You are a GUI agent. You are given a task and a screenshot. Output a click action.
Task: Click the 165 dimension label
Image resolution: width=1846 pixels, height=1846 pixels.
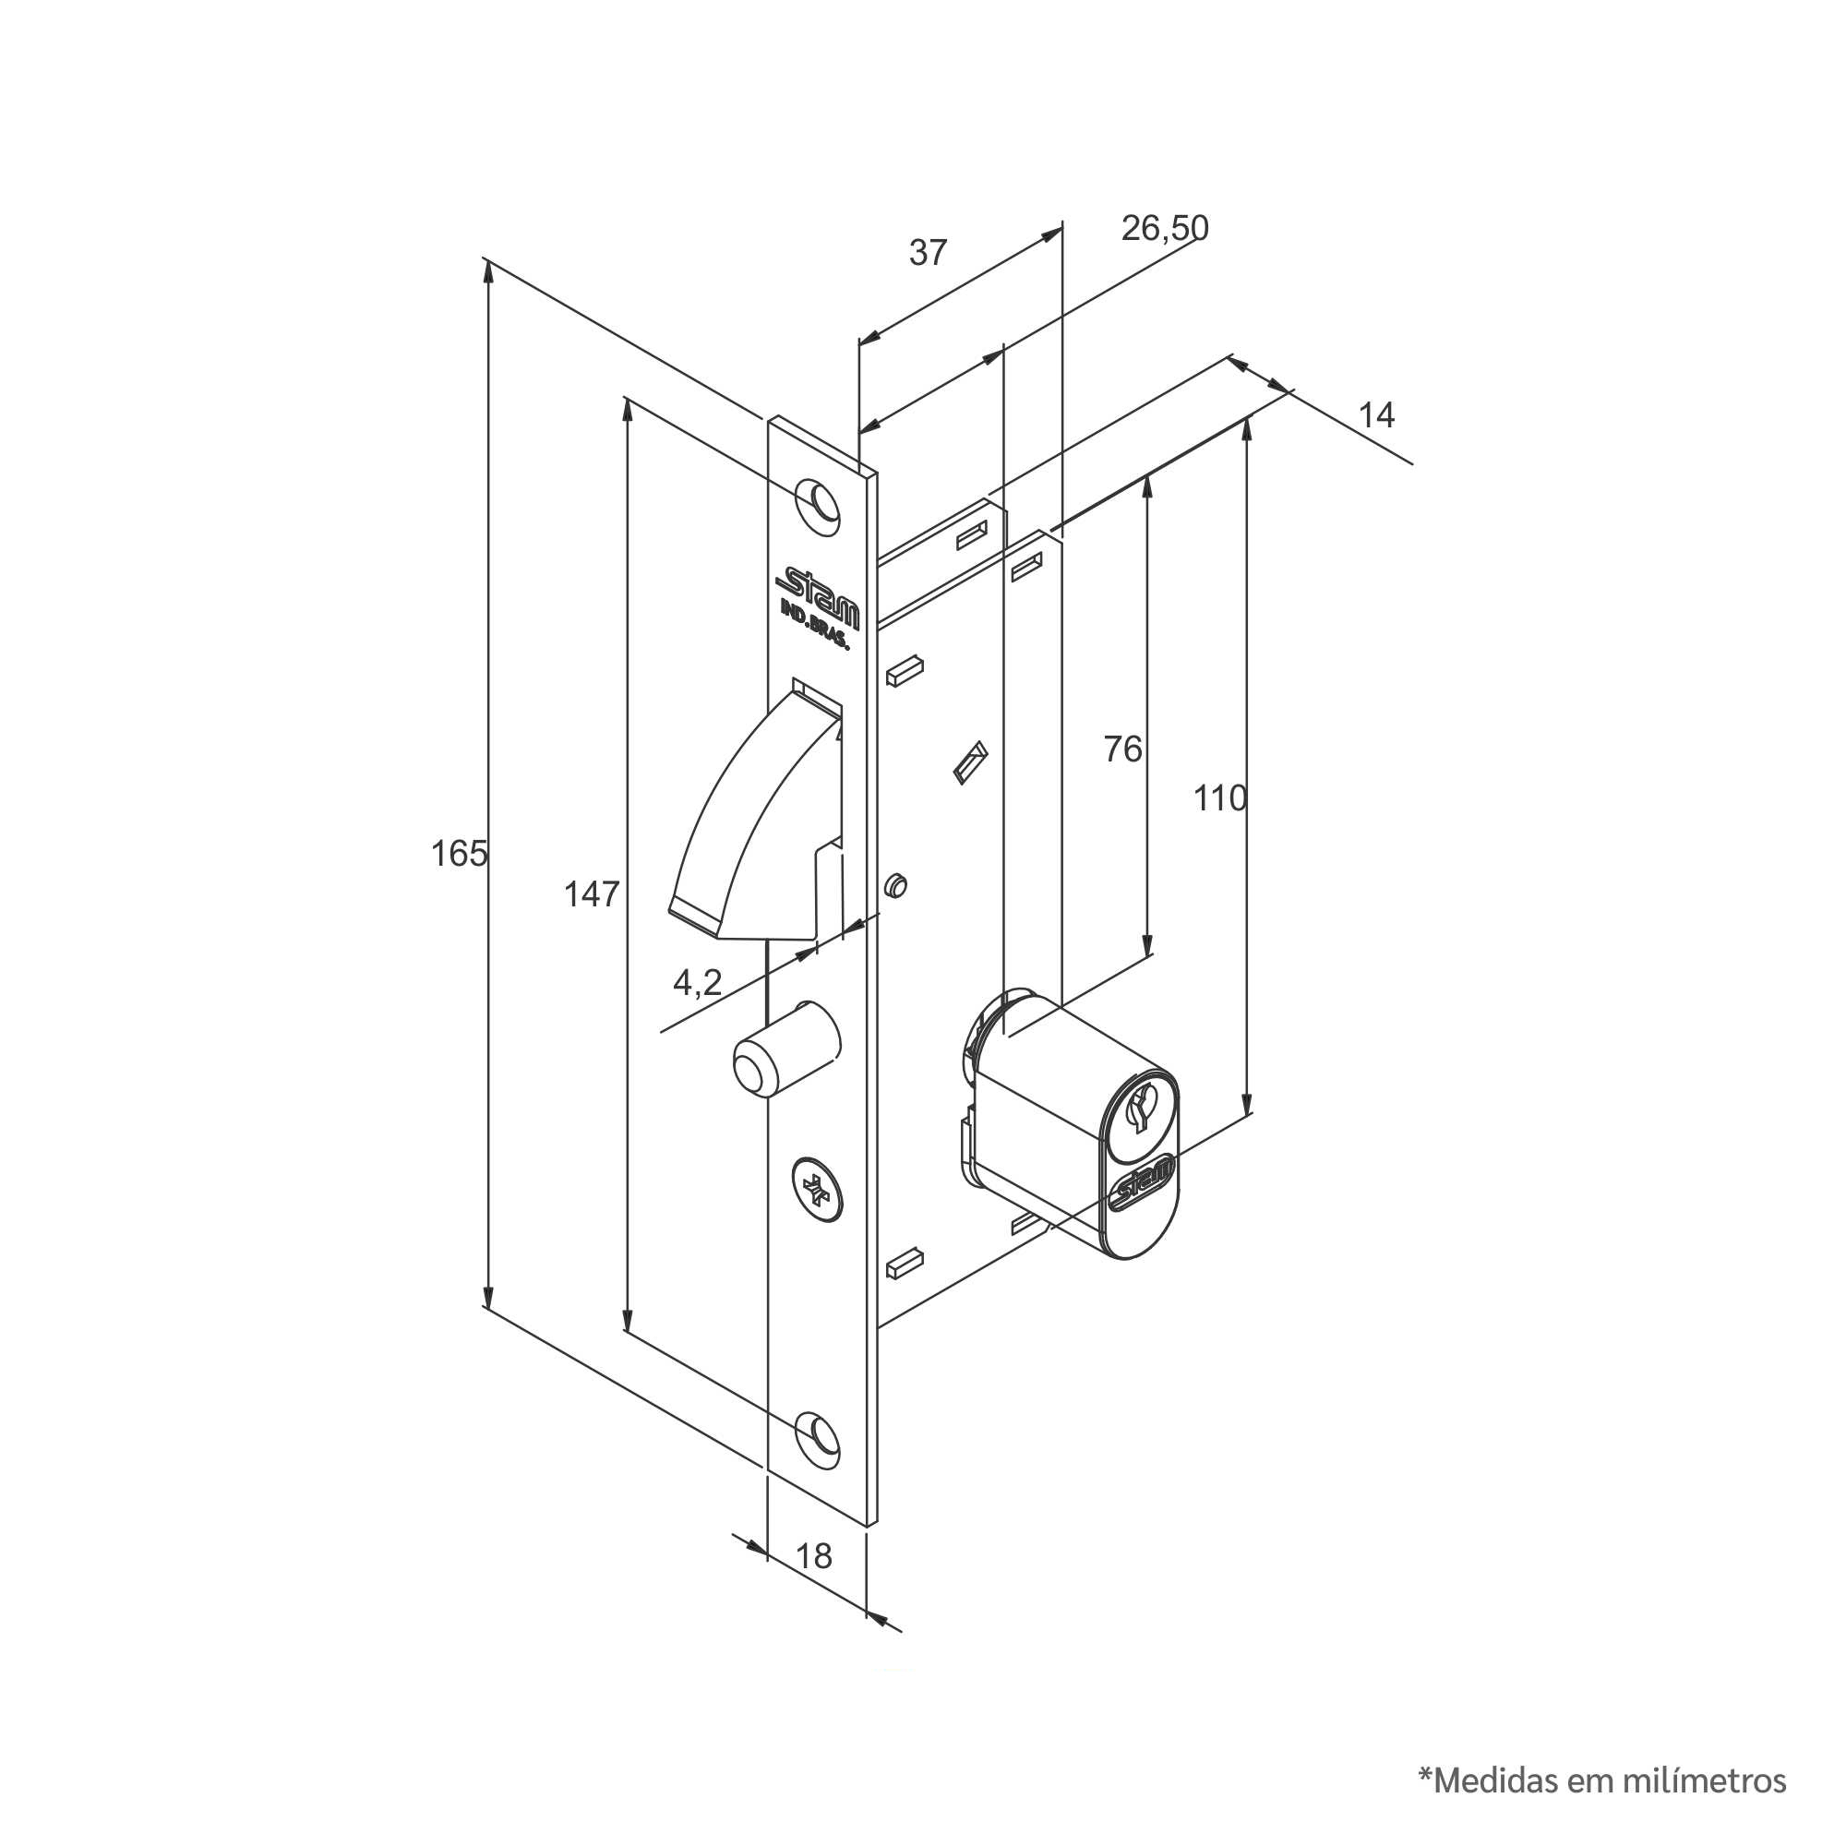[459, 853]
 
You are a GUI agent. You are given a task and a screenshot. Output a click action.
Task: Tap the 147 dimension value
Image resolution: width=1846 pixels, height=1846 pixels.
[592, 894]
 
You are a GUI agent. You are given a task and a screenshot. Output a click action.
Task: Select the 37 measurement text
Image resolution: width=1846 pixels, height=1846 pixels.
[928, 253]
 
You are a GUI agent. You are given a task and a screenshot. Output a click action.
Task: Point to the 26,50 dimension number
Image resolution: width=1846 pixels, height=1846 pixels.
[1165, 228]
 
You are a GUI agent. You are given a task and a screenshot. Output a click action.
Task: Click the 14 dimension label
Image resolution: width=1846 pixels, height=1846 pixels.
[1376, 414]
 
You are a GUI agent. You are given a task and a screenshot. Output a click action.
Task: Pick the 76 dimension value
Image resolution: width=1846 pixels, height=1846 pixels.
[1122, 749]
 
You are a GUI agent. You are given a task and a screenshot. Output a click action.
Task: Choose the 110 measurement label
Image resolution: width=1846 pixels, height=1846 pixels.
[1220, 797]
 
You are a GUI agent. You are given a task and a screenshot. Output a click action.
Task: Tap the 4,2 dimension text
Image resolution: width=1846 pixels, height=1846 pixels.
[698, 981]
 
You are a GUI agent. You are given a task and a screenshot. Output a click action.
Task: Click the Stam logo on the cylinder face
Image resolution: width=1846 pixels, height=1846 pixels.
[1144, 1184]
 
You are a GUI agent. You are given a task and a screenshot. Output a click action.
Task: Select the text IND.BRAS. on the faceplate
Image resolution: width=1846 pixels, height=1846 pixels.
[815, 627]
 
